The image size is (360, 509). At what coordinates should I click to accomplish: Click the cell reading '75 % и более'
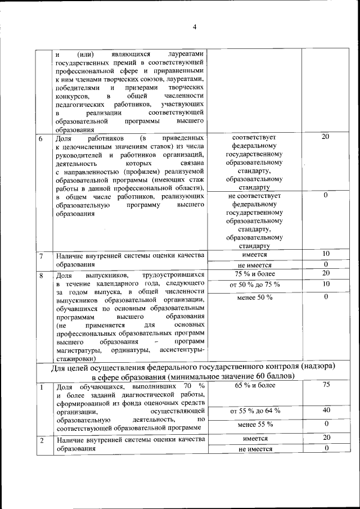point(255,274)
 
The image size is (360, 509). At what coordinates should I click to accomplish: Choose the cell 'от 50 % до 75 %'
point(255,285)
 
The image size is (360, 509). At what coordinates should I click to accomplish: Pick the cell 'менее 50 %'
point(255,296)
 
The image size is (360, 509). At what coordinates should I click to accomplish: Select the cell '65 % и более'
point(255,386)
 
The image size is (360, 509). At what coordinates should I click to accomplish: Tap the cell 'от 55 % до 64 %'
point(255,411)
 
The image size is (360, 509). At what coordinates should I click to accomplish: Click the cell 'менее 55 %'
point(255,424)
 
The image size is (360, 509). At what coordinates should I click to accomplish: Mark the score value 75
point(326,385)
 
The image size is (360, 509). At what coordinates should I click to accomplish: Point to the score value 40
point(326,411)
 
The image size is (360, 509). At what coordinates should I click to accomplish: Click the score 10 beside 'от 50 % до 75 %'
point(326,284)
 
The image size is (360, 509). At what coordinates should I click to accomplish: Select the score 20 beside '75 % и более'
point(326,273)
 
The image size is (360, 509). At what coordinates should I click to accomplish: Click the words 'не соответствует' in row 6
point(255,196)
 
